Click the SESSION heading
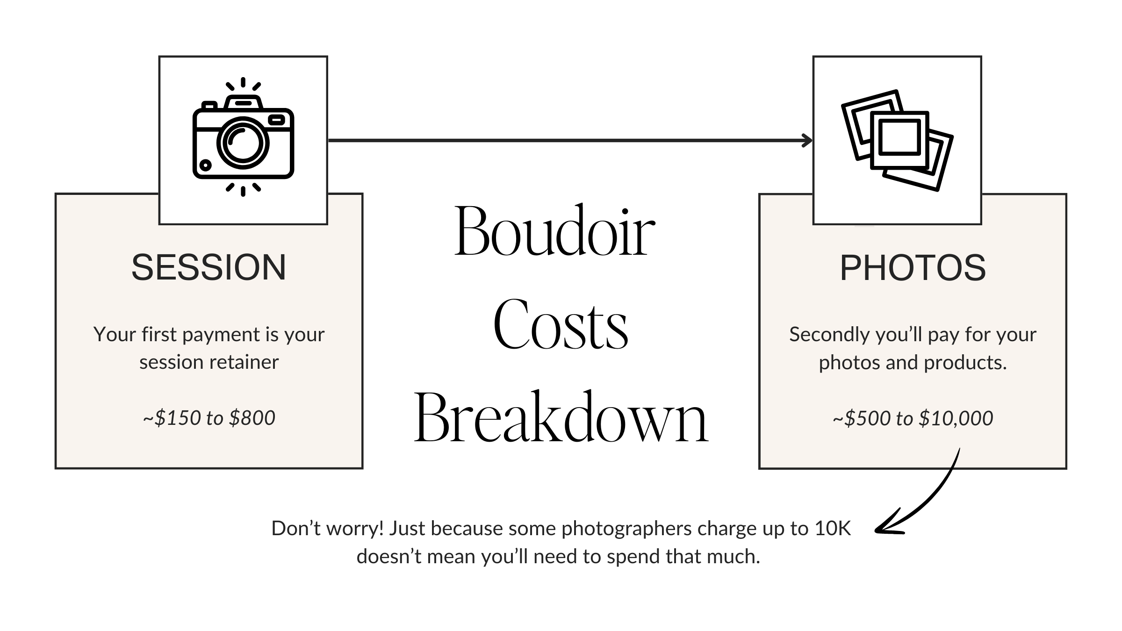point(209,268)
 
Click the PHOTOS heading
point(913,268)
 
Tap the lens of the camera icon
point(243,143)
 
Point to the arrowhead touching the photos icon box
point(807,140)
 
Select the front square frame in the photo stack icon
point(899,137)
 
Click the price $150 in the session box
point(177,418)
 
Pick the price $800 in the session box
point(252,418)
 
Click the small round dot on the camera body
point(205,165)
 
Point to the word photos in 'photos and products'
point(840,363)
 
